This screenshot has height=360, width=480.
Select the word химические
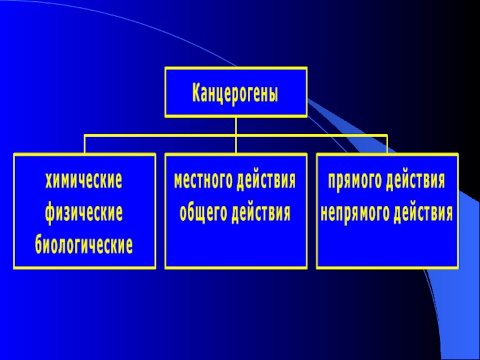point(84,181)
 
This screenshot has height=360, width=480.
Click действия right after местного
point(266,181)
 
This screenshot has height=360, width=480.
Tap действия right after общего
point(260,213)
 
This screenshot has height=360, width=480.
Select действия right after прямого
point(416,181)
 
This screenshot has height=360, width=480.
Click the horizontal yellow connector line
point(162,136)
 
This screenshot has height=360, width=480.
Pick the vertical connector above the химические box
point(85,145)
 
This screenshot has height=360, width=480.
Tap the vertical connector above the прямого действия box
point(387,145)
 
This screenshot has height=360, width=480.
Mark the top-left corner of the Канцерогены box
point(166,68)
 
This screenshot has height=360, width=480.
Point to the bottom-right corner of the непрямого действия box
point(458,268)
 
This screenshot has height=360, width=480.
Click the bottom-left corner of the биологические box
point(15,268)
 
